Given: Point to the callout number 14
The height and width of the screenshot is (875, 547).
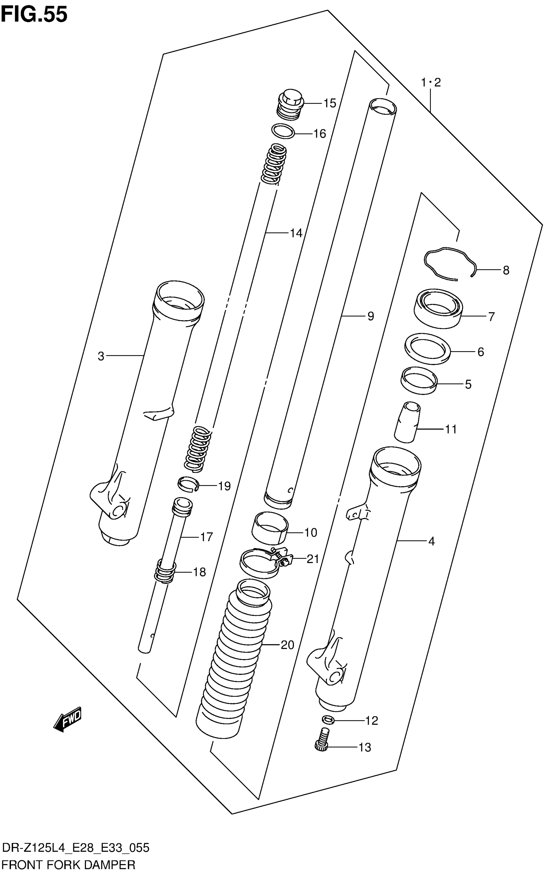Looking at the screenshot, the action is tap(296, 233).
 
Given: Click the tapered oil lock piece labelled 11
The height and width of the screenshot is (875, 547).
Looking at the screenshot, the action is tap(407, 422).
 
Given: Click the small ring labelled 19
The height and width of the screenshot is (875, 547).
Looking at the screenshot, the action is tap(189, 483).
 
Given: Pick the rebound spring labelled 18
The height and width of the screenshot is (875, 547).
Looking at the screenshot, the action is tap(166, 571).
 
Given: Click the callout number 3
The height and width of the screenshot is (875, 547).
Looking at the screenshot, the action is tap(101, 357).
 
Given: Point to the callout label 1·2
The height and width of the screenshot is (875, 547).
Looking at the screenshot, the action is tap(431, 83).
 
